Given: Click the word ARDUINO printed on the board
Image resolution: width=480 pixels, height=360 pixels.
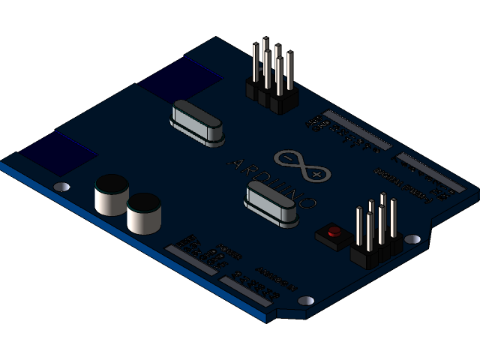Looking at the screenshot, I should (271, 183).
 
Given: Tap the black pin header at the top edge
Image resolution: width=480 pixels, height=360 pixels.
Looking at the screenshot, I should (272, 82).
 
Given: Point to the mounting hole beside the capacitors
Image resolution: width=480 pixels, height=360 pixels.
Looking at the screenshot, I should (63, 186).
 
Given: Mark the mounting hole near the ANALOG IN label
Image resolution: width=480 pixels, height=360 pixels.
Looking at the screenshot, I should (305, 301).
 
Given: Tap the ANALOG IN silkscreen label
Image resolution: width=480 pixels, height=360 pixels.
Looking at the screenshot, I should (276, 278).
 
